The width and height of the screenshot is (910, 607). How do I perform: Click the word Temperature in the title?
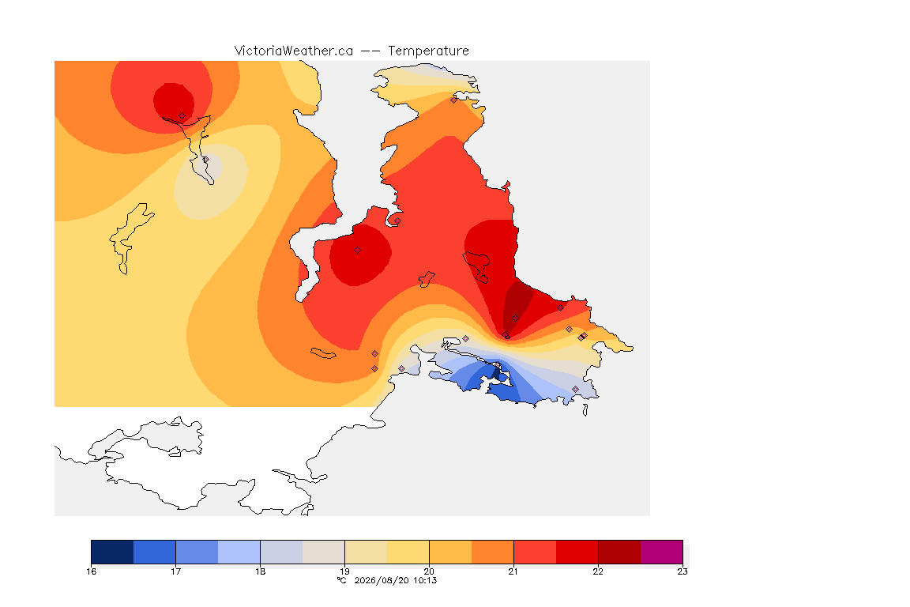428,51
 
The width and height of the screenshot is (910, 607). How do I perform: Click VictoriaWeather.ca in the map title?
294,51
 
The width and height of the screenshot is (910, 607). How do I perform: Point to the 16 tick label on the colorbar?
91,571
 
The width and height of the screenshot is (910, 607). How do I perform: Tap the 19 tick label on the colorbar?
344,571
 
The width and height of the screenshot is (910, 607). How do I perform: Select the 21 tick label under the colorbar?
513,571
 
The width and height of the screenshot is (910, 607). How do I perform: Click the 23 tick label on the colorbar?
682,571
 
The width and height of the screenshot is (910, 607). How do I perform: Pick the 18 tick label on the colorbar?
260,571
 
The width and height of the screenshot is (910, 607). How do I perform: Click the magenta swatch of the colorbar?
662,552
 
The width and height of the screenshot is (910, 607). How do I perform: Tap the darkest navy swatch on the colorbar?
113,552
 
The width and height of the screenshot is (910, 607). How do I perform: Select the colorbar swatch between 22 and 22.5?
619,552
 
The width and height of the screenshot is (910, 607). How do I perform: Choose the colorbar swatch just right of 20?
450,552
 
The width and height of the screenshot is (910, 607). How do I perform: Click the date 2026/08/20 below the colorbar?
382,580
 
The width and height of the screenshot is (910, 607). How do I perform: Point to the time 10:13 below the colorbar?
425,580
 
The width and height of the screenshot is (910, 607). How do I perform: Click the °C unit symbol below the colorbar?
342,580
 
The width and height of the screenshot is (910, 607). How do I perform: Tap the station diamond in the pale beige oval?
205,159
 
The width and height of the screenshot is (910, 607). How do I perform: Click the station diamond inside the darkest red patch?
515,319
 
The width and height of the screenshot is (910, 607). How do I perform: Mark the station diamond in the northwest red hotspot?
182,116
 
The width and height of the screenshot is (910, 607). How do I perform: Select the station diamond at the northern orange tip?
454,100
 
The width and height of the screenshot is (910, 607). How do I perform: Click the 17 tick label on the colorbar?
176,571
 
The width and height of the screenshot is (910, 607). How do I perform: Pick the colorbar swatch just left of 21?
493,552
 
